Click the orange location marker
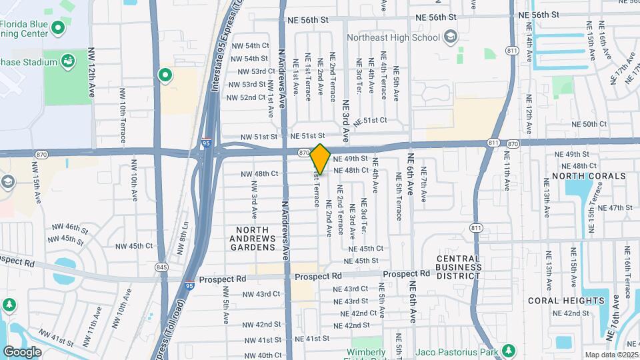coord(320,159)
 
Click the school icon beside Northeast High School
coord(450,36)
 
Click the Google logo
coord(22,351)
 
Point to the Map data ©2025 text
coord(611,355)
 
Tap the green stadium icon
coord(67,62)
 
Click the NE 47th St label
coord(615,208)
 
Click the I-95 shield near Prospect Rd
coord(190,285)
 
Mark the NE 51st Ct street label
coord(371,121)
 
